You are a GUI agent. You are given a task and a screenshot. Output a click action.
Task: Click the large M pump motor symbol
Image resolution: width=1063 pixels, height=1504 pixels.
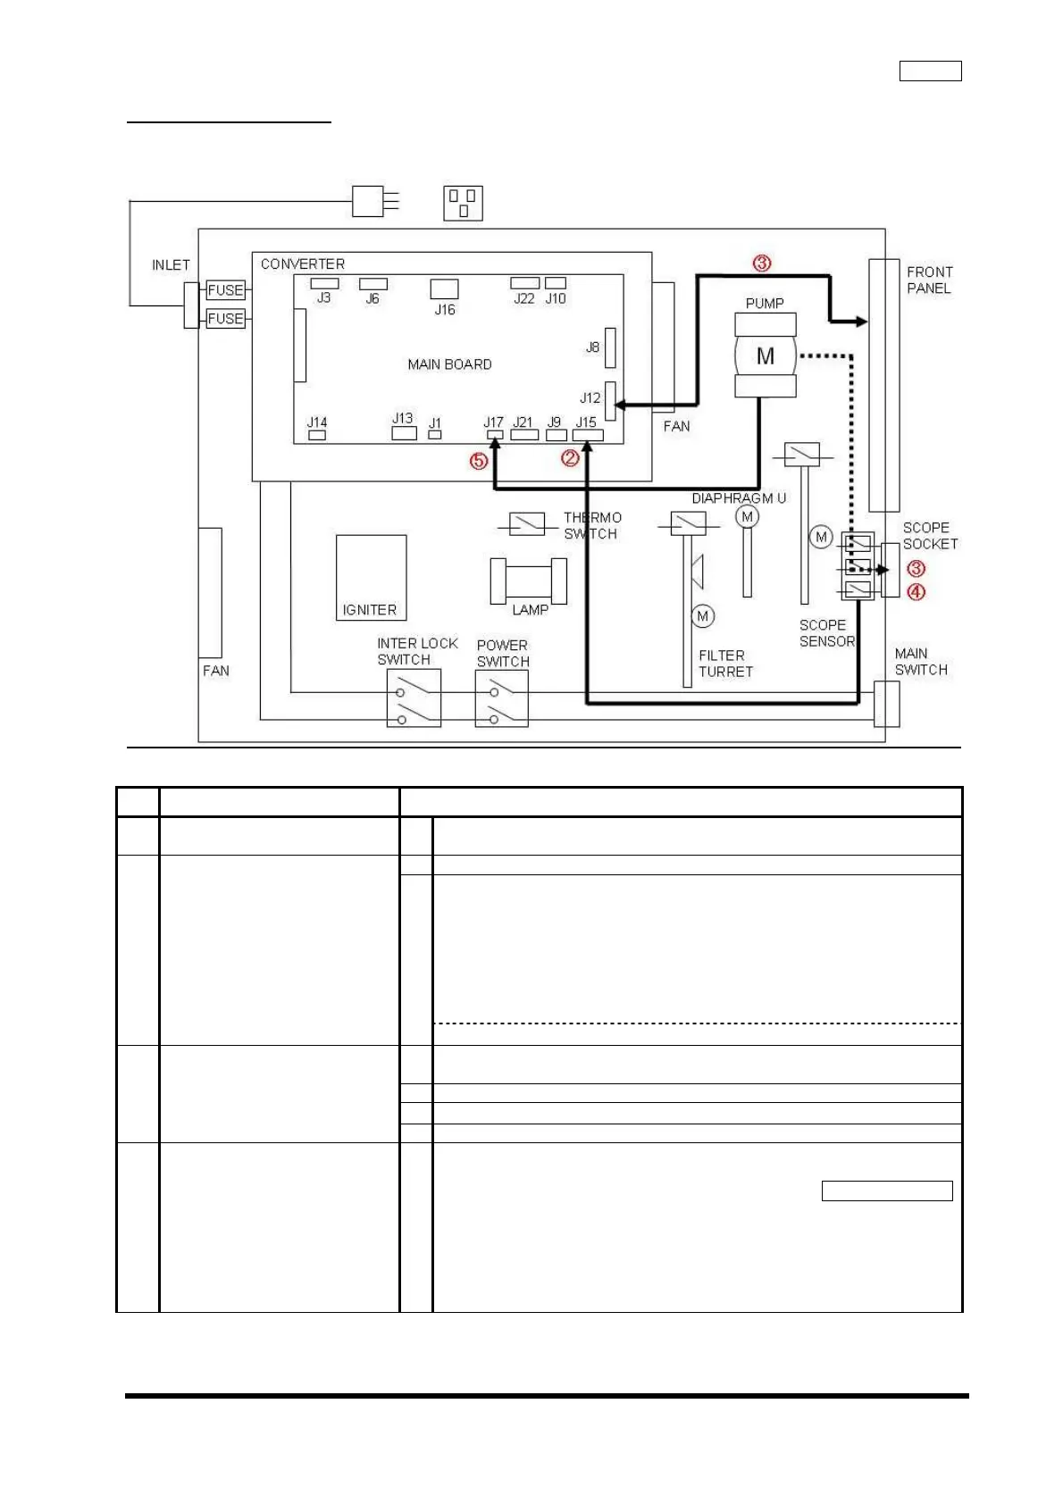(765, 355)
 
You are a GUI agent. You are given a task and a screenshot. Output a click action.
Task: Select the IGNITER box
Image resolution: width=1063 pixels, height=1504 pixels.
(371, 578)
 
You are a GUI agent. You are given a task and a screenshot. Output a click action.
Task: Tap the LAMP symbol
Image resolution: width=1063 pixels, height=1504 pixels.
(529, 581)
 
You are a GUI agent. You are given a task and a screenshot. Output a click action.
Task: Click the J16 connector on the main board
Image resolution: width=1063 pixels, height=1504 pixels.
(444, 288)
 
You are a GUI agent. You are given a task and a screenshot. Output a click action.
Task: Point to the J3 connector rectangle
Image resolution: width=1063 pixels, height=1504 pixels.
(324, 283)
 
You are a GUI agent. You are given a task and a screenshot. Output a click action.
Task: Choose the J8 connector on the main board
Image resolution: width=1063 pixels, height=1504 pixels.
(610, 347)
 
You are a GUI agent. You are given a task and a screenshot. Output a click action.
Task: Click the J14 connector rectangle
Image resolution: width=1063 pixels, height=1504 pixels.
(317, 435)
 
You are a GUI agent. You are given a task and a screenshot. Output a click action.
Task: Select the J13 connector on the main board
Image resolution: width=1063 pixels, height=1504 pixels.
(404, 433)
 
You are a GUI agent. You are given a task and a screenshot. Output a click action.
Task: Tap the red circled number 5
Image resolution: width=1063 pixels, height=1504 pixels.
(478, 461)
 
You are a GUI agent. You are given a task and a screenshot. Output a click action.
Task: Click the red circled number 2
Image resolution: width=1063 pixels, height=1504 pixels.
(569, 458)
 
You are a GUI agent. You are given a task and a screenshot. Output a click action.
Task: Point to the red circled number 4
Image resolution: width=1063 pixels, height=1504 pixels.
(916, 591)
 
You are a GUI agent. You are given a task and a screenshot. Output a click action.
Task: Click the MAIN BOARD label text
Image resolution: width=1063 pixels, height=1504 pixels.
(449, 363)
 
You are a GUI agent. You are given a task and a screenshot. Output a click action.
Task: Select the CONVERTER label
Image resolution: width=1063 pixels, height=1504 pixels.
(302, 263)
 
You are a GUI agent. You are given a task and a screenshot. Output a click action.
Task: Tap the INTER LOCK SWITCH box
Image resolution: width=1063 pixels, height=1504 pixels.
(414, 698)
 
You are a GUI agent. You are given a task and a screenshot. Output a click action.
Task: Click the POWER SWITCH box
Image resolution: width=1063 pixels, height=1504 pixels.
(501, 698)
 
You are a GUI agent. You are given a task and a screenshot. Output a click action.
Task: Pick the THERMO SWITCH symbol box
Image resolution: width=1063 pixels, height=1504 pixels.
(526, 523)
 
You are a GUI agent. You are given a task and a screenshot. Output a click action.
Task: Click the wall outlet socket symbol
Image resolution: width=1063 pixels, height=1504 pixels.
(463, 203)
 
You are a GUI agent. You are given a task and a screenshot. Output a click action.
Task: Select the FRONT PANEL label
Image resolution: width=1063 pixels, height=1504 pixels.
(929, 280)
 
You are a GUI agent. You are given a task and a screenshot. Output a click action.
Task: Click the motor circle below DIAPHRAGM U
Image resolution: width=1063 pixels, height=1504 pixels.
(747, 516)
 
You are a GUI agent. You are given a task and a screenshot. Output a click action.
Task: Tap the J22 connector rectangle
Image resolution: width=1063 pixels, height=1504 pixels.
(524, 283)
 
